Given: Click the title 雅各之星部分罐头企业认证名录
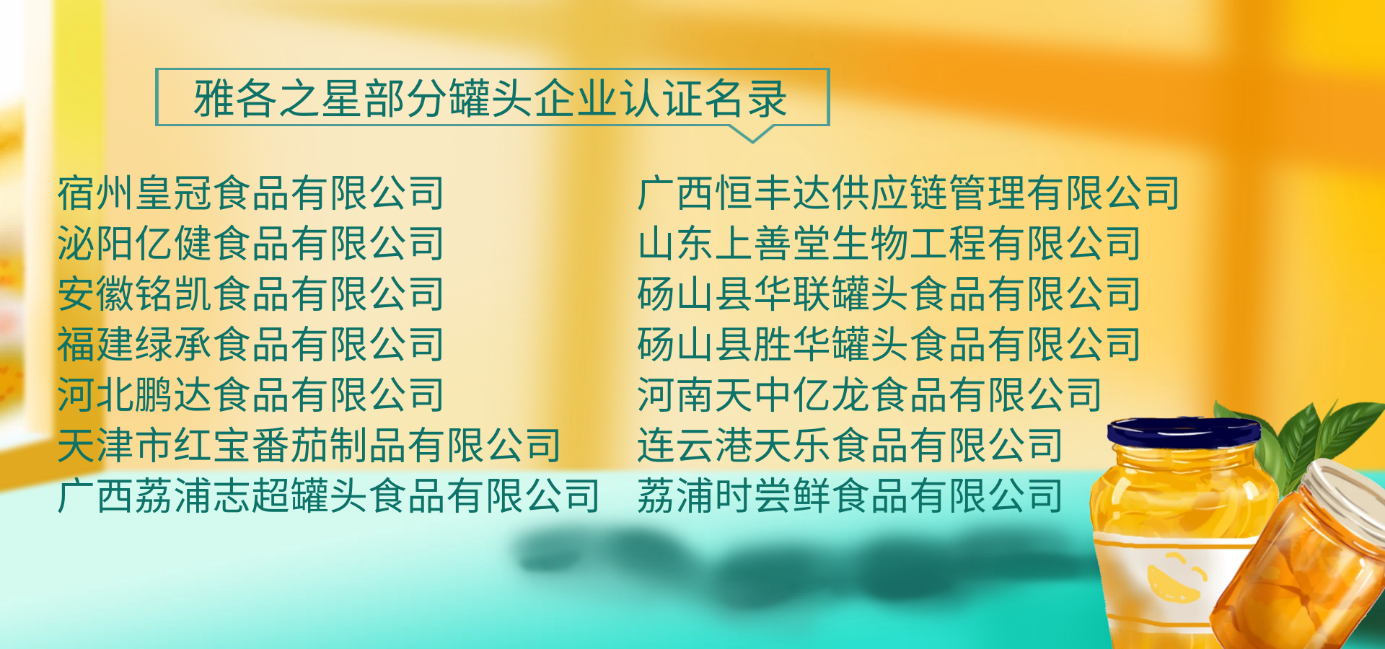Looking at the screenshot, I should click(x=491, y=98).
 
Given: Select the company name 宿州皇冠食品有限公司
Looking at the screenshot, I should click(x=250, y=193).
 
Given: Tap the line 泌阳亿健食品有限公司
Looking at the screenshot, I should click(x=250, y=244).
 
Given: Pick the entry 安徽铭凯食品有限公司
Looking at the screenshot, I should click(x=250, y=294).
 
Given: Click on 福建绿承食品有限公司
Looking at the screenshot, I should click(x=250, y=345).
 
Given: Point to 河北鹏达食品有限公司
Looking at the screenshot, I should click(x=250, y=395).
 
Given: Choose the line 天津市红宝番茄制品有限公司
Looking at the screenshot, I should click(x=309, y=446).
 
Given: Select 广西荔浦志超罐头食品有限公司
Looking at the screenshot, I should click(x=328, y=496).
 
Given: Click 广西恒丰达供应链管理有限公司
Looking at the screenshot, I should click(x=908, y=193).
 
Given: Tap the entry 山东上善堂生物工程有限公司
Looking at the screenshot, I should click(x=889, y=244).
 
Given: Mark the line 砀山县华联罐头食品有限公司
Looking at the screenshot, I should click(x=889, y=294).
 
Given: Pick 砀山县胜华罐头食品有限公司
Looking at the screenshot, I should click(x=889, y=345).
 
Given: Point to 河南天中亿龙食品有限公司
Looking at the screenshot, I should click(x=869, y=395).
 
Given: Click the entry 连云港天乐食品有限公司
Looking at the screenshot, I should click(x=850, y=446).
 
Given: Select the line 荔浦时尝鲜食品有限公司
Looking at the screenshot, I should click(x=850, y=496).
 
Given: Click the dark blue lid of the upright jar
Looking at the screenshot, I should click(x=1183, y=431).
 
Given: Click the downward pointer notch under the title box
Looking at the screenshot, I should click(x=752, y=134).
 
